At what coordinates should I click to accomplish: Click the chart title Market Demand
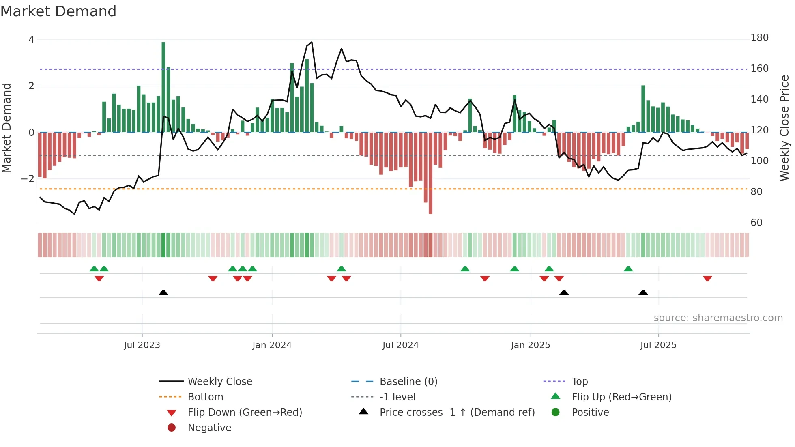58,11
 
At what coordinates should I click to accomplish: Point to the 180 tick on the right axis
759,38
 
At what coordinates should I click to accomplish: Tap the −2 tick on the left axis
28,179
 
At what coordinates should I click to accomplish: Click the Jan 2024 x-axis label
272,345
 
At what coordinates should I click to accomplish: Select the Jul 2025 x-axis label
658,345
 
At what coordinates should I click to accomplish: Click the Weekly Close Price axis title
784,128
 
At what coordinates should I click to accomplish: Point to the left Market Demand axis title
7,128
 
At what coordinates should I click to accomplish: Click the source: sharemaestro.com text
718,318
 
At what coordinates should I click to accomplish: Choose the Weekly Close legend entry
219,382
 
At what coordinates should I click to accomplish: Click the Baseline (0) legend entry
408,382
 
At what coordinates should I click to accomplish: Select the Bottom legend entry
205,397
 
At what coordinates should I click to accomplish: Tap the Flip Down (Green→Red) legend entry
245,413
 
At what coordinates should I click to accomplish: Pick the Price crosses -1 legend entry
457,413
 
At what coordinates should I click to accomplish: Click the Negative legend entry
209,428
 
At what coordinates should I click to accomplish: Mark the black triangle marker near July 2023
163,293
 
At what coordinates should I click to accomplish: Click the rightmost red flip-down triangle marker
707,278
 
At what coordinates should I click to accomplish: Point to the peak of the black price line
311,42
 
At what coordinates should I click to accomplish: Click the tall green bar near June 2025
643,109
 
